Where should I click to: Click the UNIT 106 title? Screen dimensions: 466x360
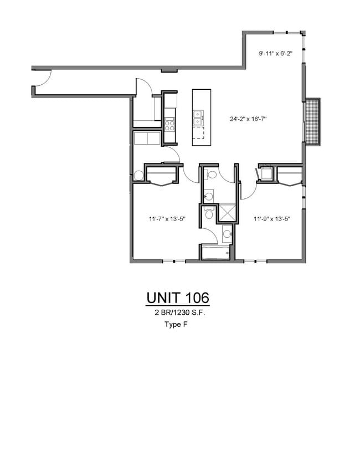point(178,298)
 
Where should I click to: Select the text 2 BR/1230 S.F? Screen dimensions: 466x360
point(178,313)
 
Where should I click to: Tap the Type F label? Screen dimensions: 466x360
point(176,325)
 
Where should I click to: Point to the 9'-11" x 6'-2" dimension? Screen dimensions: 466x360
point(275,54)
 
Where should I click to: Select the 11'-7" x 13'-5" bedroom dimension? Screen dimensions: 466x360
point(167,219)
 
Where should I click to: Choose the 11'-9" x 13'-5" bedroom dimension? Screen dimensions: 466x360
point(272,219)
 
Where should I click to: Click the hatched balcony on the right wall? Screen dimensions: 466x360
point(313,122)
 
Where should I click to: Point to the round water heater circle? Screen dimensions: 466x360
point(138,175)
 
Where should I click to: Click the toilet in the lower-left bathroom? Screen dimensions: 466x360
point(208,214)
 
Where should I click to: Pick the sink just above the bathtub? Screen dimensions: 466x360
point(226,235)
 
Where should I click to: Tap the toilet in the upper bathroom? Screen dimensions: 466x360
point(212,175)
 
